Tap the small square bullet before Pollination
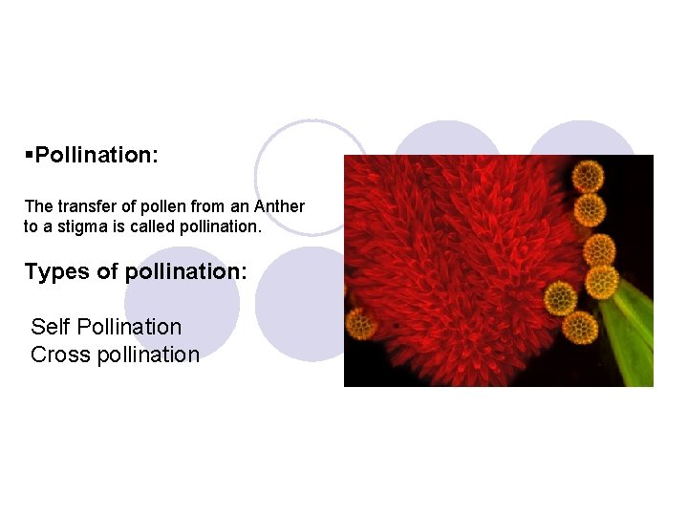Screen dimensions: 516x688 pyautogui.click(x=30, y=155)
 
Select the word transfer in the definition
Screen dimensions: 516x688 pyautogui.click(x=81, y=206)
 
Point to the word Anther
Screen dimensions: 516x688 pyautogui.click(x=280, y=206)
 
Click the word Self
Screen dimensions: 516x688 pyautogui.click(x=50, y=327)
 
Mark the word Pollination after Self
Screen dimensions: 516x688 pyautogui.click(x=128, y=327)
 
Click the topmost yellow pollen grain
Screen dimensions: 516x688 pyautogui.click(x=587, y=176)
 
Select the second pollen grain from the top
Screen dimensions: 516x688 pyautogui.click(x=591, y=209)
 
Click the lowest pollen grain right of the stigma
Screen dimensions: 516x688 pyautogui.click(x=580, y=327)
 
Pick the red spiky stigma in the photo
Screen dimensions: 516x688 pyautogui.click(x=459, y=268)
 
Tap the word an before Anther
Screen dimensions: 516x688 pyautogui.click(x=240, y=206)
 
